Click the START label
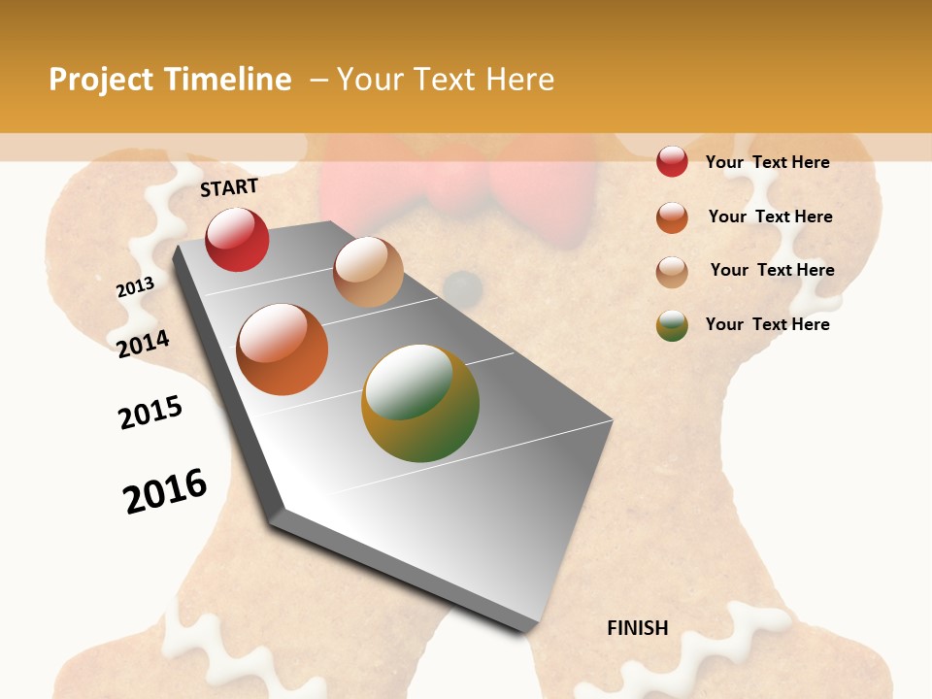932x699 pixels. [x=229, y=187]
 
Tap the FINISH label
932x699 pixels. [x=638, y=628]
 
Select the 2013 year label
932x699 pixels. [x=135, y=286]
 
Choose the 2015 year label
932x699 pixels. [x=150, y=413]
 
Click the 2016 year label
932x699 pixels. [x=165, y=490]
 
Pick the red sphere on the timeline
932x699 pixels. [x=237, y=239]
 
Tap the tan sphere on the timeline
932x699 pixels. [x=368, y=272]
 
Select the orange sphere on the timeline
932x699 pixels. [x=283, y=349]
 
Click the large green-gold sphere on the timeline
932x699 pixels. [x=420, y=403]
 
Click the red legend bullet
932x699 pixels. [x=672, y=161]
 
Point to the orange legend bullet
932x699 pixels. [x=672, y=216]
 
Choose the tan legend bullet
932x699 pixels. [x=672, y=271]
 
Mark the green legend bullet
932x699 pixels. [x=672, y=325]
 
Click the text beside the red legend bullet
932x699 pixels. [x=767, y=162]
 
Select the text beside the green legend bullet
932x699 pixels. [x=767, y=324]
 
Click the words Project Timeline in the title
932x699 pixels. [x=170, y=80]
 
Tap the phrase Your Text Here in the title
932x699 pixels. [x=446, y=80]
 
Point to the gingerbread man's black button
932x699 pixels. [x=464, y=287]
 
